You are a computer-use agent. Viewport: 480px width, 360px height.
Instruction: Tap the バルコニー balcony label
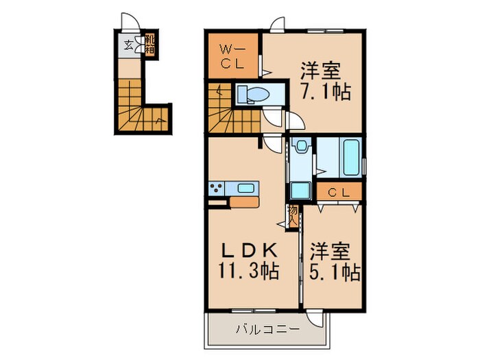point(265,330)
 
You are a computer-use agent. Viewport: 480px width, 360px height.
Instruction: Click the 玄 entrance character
point(129,47)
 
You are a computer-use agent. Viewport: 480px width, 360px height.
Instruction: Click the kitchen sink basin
point(245,188)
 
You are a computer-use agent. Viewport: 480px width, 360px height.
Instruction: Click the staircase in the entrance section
point(141,106)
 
